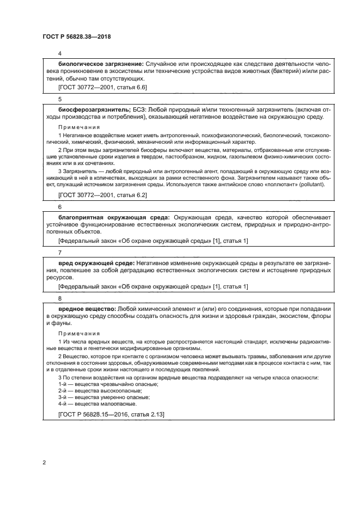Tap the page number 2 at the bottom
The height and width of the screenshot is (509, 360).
[x=44, y=462]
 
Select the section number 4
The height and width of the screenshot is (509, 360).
[x=59, y=54]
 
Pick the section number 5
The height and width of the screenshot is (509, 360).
[x=59, y=99]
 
